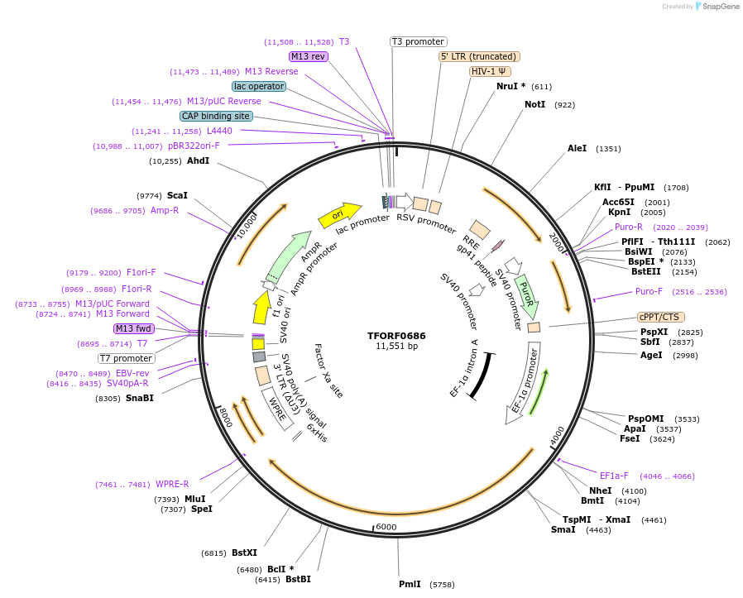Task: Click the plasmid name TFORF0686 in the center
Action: pyautogui.click(x=396, y=336)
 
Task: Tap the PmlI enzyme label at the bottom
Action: pyautogui.click(x=410, y=584)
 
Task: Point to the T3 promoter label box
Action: pyautogui.click(x=418, y=41)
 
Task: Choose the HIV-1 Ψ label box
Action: pyautogui.click(x=490, y=71)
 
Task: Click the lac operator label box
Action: pyautogui.click(x=259, y=86)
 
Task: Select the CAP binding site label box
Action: pyautogui.click(x=216, y=117)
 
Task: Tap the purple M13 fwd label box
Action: pyautogui.click(x=133, y=328)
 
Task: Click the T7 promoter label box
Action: pyautogui.click(x=127, y=358)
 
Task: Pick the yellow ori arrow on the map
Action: pyautogui.click(x=340, y=215)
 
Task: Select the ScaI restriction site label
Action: pyautogui.click(x=177, y=195)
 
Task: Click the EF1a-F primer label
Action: pyautogui.click(x=614, y=476)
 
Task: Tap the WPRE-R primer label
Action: pyautogui.click(x=172, y=484)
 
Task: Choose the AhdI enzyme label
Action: pyautogui.click(x=198, y=160)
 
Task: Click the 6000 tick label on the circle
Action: pyautogui.click(x=386, y=527)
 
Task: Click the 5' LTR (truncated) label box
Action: pyautogui.click(x=479, y=56)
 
